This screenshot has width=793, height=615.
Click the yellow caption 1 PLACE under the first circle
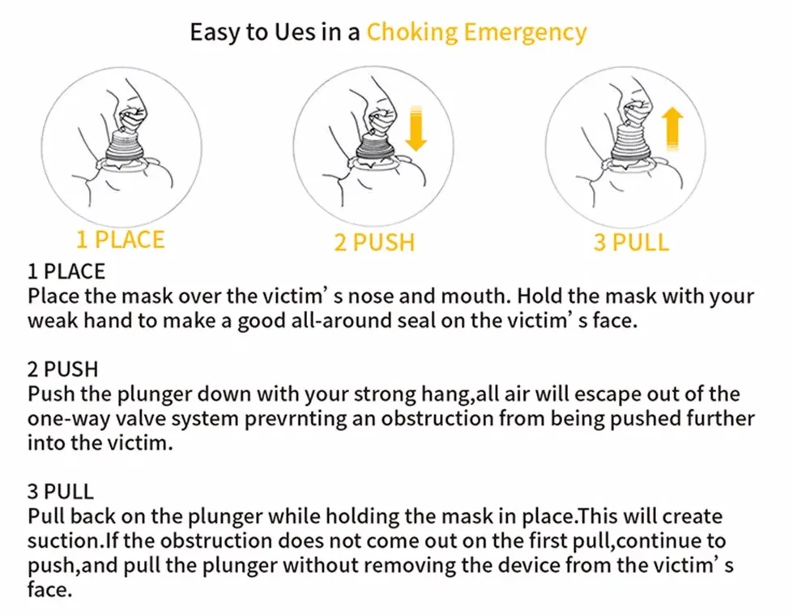[x=120, y=240]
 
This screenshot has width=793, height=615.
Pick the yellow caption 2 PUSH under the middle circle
[x=373, y=241]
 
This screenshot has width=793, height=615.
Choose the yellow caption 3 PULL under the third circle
[x=631, y=241]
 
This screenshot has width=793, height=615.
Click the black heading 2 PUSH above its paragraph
[x=62, y=369]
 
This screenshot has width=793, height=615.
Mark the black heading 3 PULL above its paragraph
[x=61, y=492]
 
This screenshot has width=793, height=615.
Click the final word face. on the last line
[x=50, y=590]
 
